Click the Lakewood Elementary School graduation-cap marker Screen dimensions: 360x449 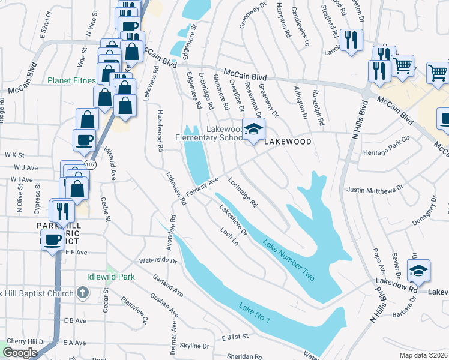coord(253,130)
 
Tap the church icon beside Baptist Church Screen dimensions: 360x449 coord(83,293)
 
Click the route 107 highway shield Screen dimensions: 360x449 coord(91,163)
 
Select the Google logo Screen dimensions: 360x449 coord(20,353)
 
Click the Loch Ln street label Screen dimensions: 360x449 coord(229,238)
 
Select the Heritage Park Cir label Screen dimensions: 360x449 coord(386,153)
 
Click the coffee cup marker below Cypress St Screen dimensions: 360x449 coord(52,240)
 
